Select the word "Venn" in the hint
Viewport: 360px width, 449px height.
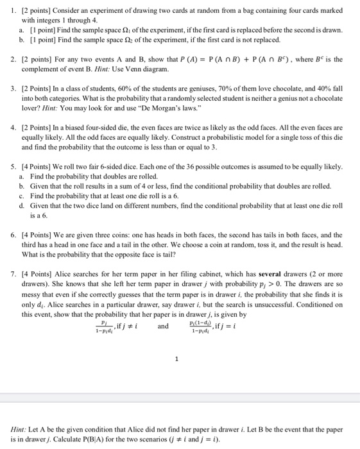(135, 69)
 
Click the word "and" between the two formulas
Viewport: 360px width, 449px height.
(163, 326)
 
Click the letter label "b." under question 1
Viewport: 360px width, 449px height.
(22, 40)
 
